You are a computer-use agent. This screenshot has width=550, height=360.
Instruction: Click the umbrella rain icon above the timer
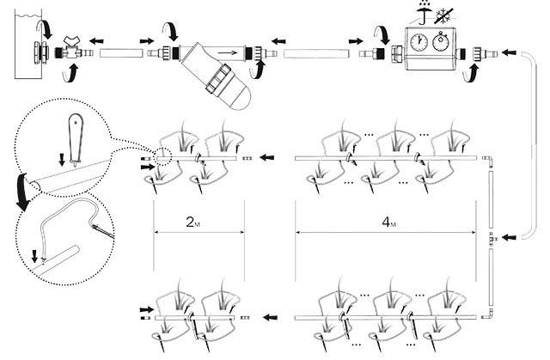[425, 14]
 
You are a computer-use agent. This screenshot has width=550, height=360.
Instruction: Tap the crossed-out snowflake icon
[444, 15]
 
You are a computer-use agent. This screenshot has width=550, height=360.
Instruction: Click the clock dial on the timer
[419, 43]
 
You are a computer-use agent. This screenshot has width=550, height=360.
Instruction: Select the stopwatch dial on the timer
[441, 41]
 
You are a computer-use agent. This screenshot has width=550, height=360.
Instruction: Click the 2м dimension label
[192, 222]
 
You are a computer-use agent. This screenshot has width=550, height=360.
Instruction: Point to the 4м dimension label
[389, 222]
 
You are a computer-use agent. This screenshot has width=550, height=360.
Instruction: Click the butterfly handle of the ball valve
[72, 40]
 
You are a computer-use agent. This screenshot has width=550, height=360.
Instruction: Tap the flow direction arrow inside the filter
[227, 53]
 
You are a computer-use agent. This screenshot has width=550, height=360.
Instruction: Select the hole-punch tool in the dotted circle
[76, 139]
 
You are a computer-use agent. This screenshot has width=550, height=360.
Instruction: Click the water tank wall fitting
[40, 53]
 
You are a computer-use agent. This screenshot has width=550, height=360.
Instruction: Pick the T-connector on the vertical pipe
[492, 238]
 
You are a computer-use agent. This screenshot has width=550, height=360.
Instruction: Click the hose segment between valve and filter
[121, 53]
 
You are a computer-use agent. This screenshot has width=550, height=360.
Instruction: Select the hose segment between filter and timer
[316, 53]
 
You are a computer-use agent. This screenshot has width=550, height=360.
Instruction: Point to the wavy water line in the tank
[28, 15]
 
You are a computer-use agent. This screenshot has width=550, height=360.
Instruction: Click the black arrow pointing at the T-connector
[510, 238]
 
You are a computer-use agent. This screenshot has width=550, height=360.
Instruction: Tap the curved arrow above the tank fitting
[46, 28]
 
